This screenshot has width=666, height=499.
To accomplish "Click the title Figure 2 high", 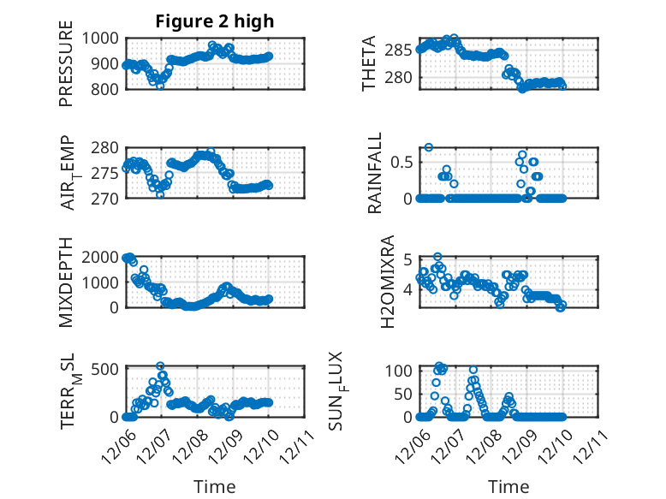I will [214, 21].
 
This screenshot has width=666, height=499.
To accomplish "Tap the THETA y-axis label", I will [369, 63].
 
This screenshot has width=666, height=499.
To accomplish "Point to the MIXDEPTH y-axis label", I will [66, 282].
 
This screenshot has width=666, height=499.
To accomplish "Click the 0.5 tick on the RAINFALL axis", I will [404, 162].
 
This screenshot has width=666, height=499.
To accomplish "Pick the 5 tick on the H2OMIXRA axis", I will [409, 259].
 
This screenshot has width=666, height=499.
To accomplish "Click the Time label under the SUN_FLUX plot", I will [508, 487].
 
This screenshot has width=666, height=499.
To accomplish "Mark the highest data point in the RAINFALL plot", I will [429, 147].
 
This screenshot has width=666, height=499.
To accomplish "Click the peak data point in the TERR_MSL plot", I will [160, 366].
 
